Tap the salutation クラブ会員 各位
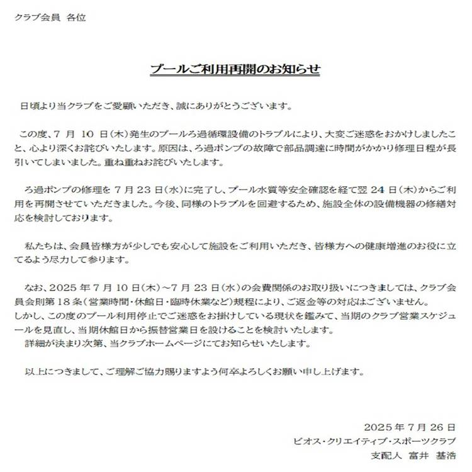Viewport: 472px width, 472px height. (x=50, y=17)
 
